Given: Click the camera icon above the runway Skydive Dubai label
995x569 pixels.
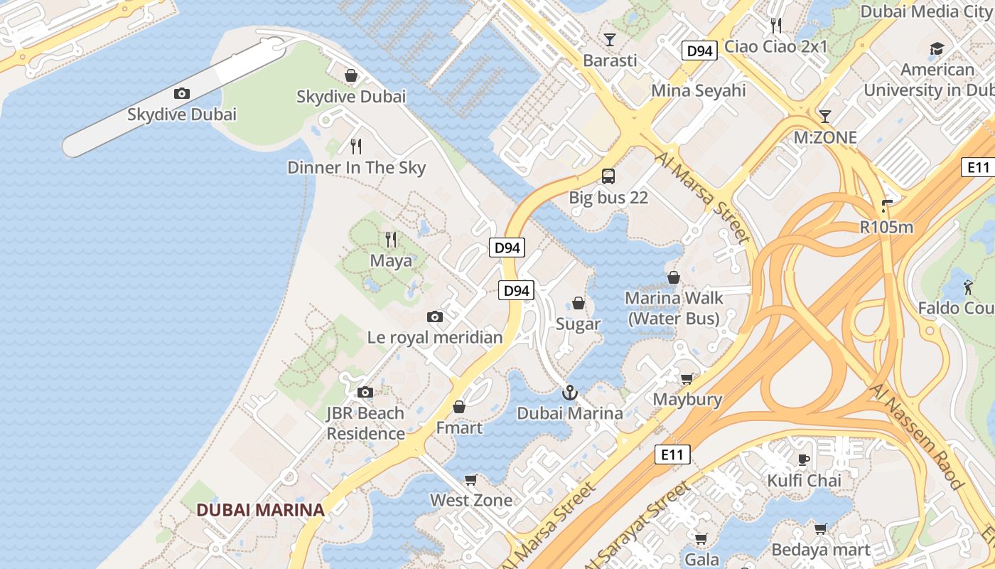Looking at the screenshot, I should pos(181,93).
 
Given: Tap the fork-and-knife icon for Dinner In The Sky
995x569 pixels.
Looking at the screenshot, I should pos(356,147).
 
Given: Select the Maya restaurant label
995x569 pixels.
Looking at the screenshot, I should pos(390,261).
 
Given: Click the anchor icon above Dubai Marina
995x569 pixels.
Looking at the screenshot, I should pos(569,393).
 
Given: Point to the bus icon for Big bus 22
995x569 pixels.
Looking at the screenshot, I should pos(608,176).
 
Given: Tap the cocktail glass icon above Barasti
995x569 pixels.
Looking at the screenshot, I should pos(609,40).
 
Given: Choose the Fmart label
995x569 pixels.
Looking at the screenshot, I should pos(459,428).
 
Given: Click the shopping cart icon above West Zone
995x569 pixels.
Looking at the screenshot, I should pos(470,479).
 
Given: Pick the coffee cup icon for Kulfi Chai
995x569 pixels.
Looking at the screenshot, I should pos(804,459).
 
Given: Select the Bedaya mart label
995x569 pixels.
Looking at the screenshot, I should pos(820,550).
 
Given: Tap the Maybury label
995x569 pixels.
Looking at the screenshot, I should pos(687,400).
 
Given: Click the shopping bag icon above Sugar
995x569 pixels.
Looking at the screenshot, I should pos(579,303).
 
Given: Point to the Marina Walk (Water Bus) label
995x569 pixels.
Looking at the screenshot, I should pos(674,308).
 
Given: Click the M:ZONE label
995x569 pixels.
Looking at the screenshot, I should pos(825,137).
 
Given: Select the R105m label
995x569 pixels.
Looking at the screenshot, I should pos(886,228).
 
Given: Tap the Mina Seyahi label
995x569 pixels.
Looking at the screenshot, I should pos(699,91).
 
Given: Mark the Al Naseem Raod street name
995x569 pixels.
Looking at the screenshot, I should pos(916,435).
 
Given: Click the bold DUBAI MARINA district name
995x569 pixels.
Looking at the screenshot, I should pos(260,510).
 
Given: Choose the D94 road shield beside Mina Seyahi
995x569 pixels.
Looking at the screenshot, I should pos(699,50).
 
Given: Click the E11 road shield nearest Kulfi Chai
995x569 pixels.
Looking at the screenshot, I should pos(672,454).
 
